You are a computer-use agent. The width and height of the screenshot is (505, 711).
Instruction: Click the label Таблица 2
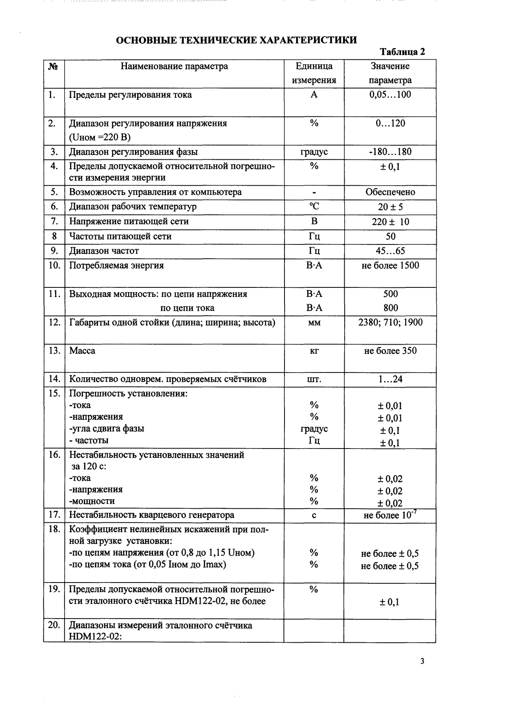(402, 52)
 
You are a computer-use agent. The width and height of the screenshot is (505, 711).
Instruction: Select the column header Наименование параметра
(174, 66)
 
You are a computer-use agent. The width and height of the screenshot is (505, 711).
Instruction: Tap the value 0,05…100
(390, 95)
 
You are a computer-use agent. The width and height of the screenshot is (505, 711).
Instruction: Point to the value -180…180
(390, 152)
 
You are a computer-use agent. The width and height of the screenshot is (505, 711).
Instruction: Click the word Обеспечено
(390, 192)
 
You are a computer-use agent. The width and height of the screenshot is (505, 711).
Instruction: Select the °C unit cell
(314, 207)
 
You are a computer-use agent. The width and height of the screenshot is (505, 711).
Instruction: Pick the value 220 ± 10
(390, 222)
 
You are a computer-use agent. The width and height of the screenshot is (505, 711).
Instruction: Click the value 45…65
(390, 251)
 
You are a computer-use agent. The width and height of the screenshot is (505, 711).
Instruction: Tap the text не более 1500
(390, 265)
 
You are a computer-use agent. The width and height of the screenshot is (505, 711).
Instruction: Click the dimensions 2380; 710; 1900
(390, 322)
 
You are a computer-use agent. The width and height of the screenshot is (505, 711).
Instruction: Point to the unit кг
(314, 351)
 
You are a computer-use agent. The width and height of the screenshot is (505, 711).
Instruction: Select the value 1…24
(390, 379)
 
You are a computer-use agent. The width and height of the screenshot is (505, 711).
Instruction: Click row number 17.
(54, 515)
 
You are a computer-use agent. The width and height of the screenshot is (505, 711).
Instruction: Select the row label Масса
(83, 351)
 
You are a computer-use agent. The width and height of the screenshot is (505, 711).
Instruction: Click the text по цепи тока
(187, 308)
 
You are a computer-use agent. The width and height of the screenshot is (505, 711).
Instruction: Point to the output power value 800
(390, 308)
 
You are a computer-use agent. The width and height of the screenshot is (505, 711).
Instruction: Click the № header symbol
(53, 67)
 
